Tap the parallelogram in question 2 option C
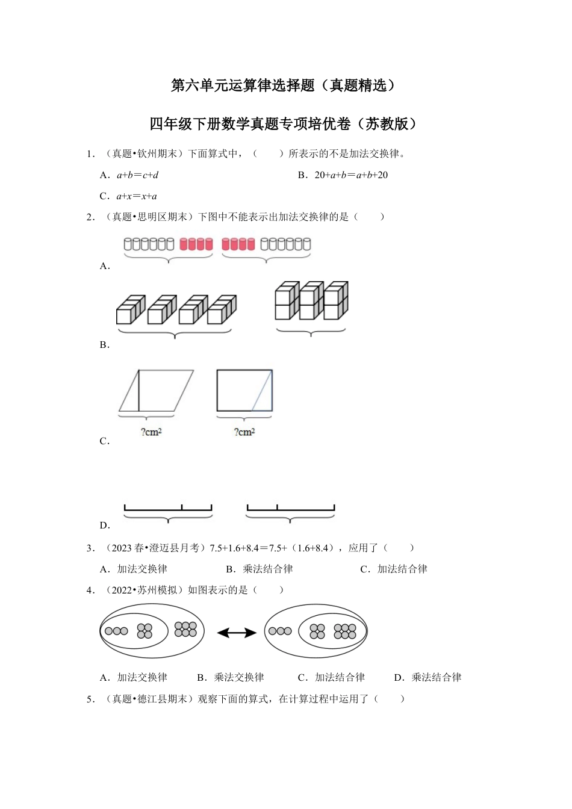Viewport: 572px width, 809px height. pyautogui.click(x=156, y=391)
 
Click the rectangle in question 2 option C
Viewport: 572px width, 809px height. pyautogui.click(x=244, y=391)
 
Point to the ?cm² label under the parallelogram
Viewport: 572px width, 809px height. pyautogui.click(x=151, y=432)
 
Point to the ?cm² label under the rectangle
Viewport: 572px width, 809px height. pyautogui.click(x=244, y=432)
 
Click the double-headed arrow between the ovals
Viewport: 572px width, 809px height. pyautogui.click(x=237, y=632)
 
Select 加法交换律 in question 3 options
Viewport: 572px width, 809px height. pyautogui.click(x=141, y=569)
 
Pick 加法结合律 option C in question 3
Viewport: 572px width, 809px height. pyautogui.click(x=402, y=569)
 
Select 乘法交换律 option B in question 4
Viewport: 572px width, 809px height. pyautogui.click(x=238, y=677)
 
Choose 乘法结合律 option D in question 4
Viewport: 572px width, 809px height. pyautogui.click(x=436, y=677)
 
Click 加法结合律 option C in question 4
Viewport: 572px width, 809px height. pyautogui.click(x=339, y=677)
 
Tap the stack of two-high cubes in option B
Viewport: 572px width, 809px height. pyautogui.click(x=311, y=300)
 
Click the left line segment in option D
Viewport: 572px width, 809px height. pyautogui.click(x=168, y=510)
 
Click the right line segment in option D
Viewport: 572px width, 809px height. pyautogui.click(x=290, y=510)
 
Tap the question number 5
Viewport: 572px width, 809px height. pyautogui.click(x=90, y=699)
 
